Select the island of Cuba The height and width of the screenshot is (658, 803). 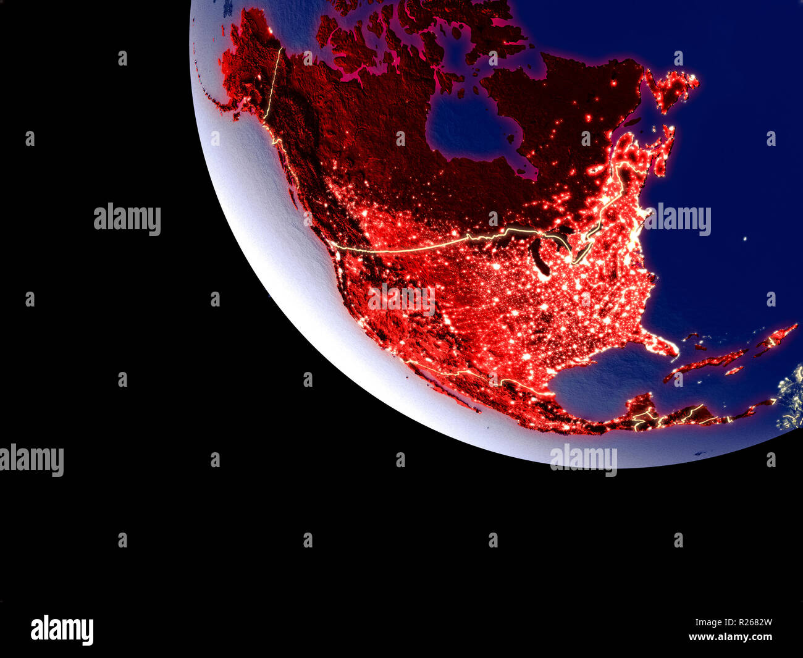pyautogui.click(x=710, y=361)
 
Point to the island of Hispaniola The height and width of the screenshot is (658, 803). pyautogui.click(x=775, y=337)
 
